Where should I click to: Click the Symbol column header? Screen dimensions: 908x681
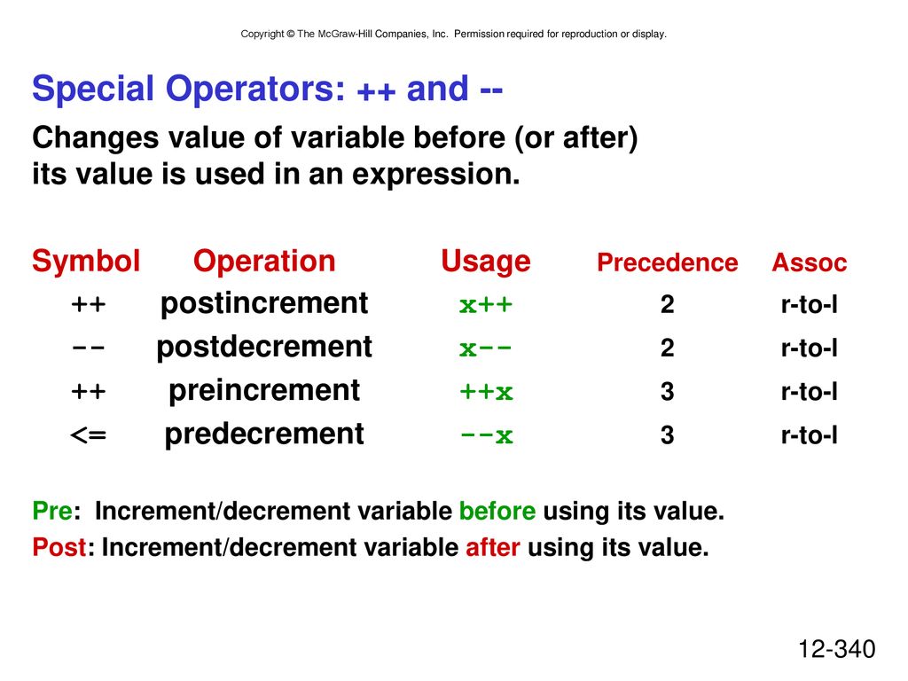86,262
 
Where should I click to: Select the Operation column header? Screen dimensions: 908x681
264,262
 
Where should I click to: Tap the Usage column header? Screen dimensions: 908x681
486,262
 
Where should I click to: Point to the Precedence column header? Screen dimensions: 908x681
667,262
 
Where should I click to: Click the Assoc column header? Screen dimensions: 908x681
809,262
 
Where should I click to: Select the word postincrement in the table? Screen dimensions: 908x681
264,303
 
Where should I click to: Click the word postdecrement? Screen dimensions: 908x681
264,347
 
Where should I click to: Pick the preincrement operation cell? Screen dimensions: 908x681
264,390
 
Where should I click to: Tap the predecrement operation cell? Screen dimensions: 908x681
264,434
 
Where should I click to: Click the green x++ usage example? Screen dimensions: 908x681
486,305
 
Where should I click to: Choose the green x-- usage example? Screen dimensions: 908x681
486,348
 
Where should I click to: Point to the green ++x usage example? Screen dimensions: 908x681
486,392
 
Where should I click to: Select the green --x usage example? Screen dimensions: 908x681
486,435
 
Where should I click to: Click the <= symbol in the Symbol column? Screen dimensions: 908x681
88,434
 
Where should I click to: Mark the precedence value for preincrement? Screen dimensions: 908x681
667,391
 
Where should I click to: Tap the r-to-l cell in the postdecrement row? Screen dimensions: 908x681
809,348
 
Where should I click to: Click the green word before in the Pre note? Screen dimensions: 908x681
497,511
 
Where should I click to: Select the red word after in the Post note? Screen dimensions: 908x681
493,547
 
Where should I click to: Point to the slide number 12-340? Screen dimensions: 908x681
837,649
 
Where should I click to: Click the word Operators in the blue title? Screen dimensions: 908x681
255,90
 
